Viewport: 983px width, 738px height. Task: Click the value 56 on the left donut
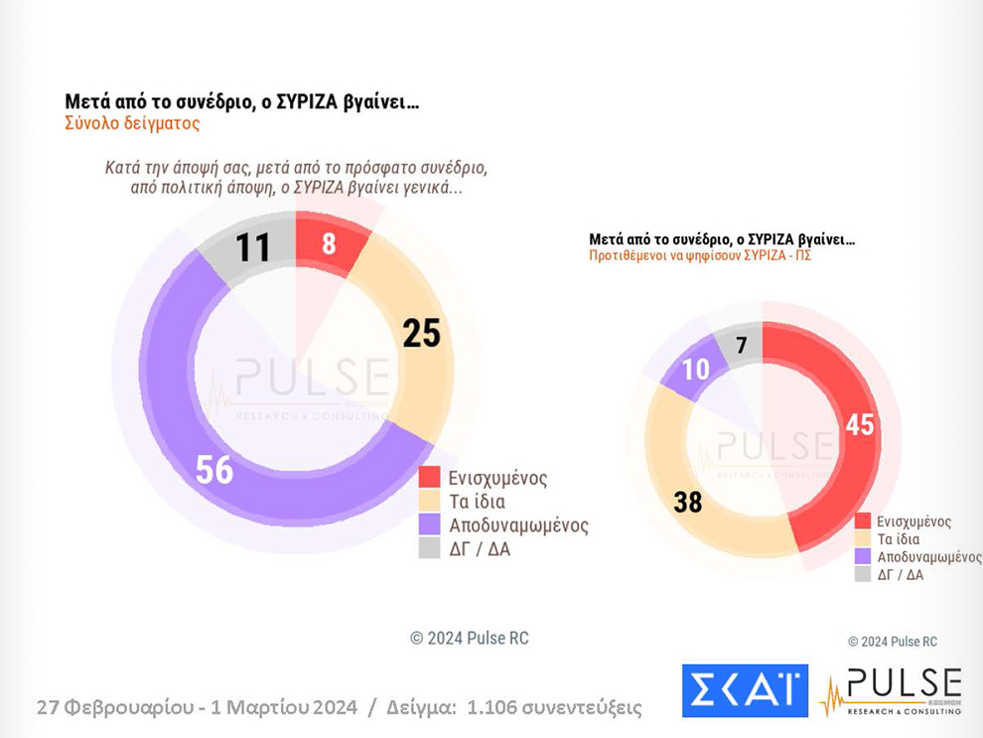[214, 469]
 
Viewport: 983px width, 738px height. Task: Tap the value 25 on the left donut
[421, 334]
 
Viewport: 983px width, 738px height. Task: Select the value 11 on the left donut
[253, 247]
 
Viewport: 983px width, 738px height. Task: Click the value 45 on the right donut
[859, 424]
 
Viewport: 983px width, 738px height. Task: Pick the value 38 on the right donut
[688, 502]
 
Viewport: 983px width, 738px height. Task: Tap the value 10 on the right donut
[695, 369]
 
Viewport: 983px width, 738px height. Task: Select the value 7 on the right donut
[741, 346]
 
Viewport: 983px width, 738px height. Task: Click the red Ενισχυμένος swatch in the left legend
[429, 478]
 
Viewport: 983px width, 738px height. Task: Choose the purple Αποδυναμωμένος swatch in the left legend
[429, 524]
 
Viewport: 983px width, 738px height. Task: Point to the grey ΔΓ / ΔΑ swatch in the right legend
[863, 574]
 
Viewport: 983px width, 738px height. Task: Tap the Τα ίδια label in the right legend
[901, 539]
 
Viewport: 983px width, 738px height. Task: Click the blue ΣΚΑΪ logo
[745, 690]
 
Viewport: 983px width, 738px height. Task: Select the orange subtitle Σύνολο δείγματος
[132, 124]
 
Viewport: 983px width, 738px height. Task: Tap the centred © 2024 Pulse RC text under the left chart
[470, 638]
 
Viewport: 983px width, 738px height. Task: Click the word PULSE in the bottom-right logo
[903, 684]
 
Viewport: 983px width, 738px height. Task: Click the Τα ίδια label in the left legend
[478, 502]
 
